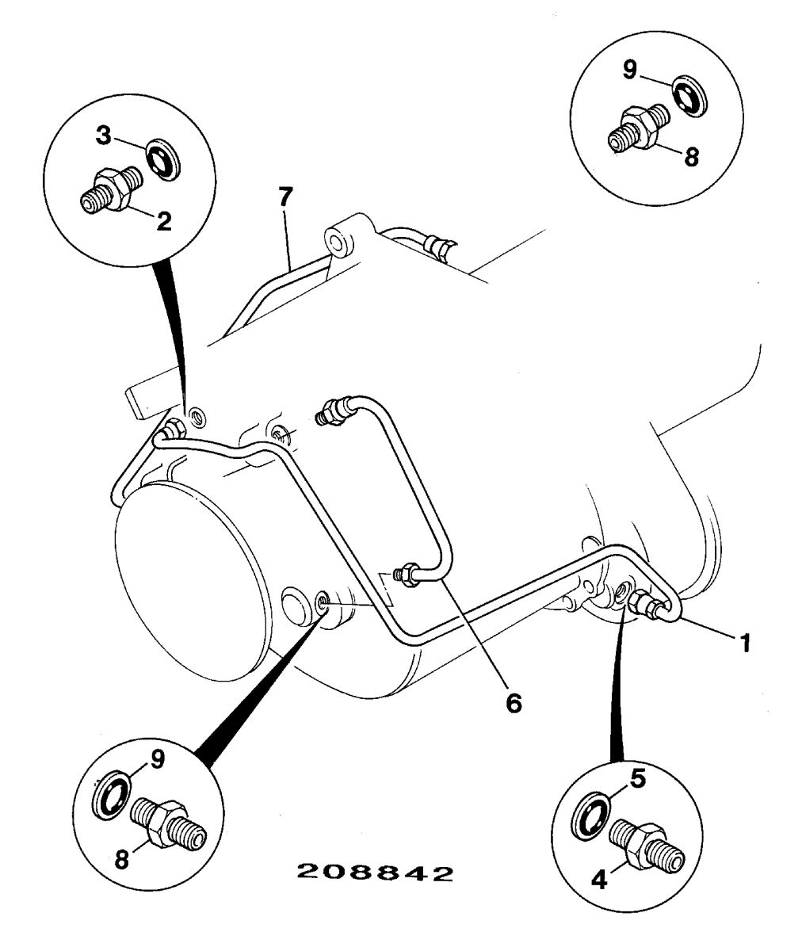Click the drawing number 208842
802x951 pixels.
click(x=374, y=873)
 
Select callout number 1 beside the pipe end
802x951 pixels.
click(x=743, y=641)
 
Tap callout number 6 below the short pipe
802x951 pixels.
click(x=514, y=702)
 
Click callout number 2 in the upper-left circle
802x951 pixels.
click(x=163, y=220)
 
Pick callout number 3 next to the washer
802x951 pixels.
click(x=104, y=135)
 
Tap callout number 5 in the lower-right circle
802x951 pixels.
click(x=639, y=778)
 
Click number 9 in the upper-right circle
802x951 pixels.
click(x=630, y=70)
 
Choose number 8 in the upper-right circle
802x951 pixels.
click(x=691, y=156)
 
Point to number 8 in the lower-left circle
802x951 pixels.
click(x=121, y=860)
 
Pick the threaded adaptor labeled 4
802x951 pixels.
click(x=644, y=846)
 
